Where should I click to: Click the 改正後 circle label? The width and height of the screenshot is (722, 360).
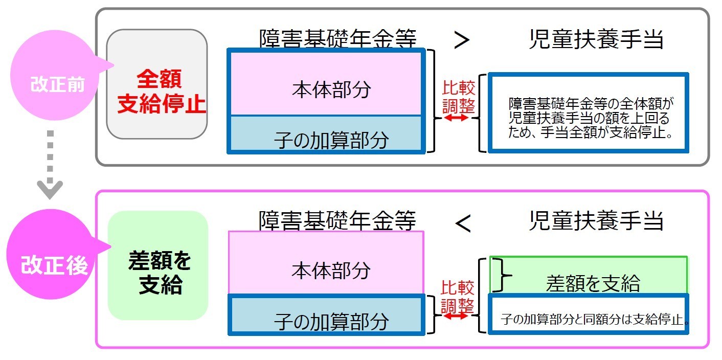(54, 265)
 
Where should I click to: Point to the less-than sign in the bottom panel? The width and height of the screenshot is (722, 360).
(462, 223)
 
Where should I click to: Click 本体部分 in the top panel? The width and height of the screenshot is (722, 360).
(331, 90)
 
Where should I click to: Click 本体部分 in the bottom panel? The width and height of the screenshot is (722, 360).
(330, 270)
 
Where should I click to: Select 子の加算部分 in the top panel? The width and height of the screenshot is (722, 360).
(331, 139)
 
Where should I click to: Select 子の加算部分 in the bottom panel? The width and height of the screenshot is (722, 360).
(331, 321)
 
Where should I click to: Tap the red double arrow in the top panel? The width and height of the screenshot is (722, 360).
(457, 118)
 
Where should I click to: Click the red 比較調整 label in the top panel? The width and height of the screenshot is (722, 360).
(458, 97)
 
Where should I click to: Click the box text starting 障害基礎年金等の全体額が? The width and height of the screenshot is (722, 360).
(589, 118)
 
